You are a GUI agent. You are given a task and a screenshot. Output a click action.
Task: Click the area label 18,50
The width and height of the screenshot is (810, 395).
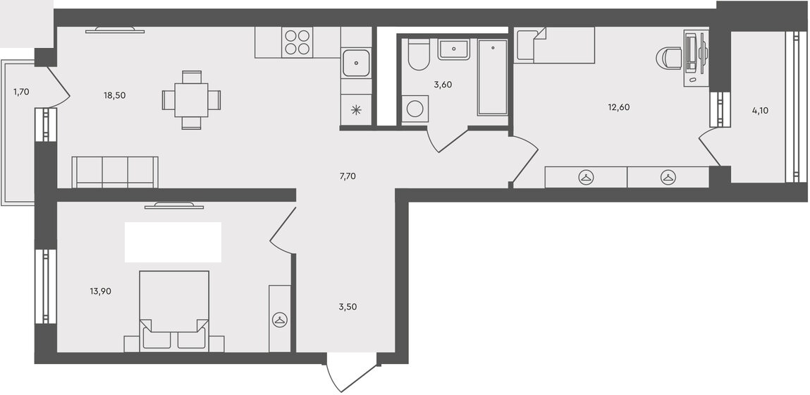pyautogui.click(x=115, y=95)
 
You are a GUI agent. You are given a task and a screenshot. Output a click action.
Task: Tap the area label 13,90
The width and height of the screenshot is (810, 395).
pyautogui.click(x=100, y=291)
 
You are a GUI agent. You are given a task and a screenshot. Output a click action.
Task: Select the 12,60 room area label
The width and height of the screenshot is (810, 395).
pyautogui.click(x=619, y=107)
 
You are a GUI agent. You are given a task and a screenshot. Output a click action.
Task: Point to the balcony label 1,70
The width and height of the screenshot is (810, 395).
pyautogui.click(x=21, y=92)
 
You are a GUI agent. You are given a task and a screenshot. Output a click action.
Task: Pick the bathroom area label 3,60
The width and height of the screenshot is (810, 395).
pyautogui.click(x=443, y=85)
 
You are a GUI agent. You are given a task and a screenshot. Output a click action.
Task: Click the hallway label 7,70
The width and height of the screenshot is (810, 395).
pyautogui.click(x=348, y=176)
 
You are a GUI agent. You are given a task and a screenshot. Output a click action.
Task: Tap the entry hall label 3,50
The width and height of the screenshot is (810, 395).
pyautogui.click(x=348, y=307)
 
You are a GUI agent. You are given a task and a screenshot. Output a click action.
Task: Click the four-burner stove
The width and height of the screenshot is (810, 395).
pyautogui.click(x=297, y=42)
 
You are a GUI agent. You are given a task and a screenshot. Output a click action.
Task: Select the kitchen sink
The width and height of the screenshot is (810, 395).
pyautogui.click(x=356, y=63)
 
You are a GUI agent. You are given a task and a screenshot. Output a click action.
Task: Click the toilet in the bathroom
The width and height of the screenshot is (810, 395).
pyautogui.click(x=419, y=55)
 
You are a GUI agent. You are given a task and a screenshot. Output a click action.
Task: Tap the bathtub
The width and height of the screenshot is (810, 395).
pyautogui.click(x=492, y=77)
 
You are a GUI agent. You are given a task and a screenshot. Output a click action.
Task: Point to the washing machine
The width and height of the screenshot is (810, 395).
pyautogui.click(x=415, y=109)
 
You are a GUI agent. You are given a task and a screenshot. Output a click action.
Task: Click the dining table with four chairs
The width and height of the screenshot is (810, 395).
pyautogui.click(x=191, y=99)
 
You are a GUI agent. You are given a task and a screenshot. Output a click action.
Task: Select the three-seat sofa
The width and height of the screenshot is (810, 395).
pyautogui.click(x=115, y=172)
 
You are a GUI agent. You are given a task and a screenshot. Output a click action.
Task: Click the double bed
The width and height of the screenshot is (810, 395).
pyautogui.click(x=174, y=311)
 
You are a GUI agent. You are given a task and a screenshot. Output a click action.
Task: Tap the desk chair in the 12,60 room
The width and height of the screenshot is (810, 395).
pyautogui.click(x=669, y=58)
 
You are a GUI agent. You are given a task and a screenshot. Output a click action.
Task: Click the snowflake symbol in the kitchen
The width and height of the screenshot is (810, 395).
pyautogui.click(x=356, y=109)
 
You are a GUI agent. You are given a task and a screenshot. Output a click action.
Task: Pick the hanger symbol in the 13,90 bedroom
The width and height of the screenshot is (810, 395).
pyautogui.click(x=280, y=320)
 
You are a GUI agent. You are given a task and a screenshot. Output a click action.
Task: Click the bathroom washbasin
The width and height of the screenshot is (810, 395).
pyautogui.click(x=453, y=49)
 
